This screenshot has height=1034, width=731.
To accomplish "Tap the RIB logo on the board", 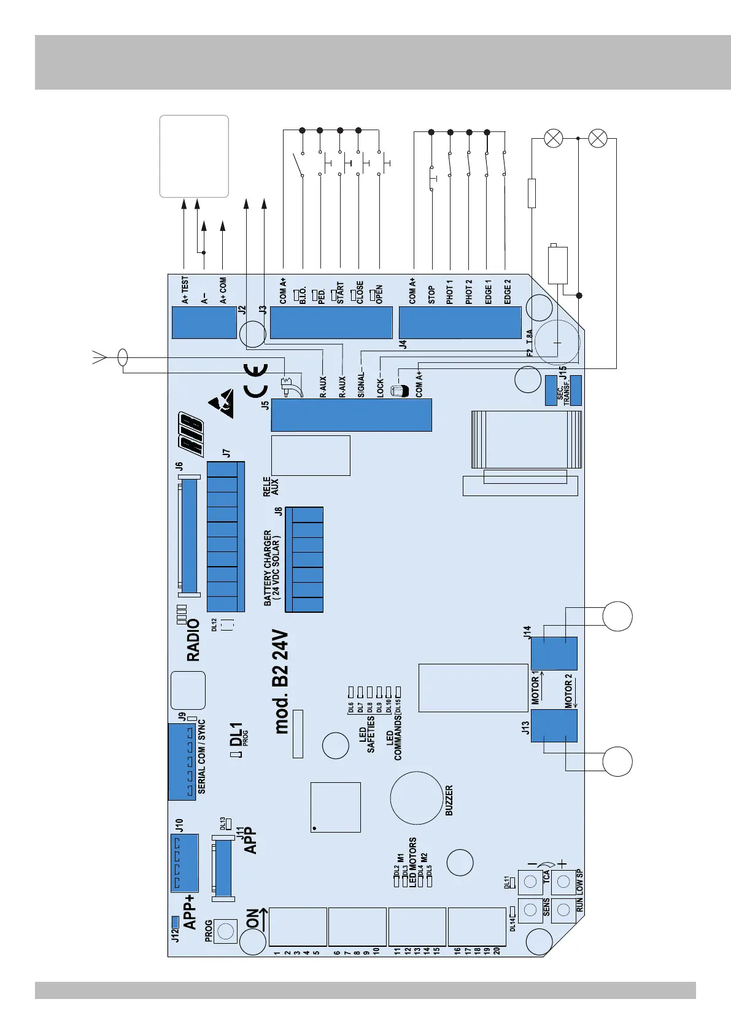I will click(x=191, y=433).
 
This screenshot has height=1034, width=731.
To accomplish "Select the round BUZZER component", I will click(x=417, y=798).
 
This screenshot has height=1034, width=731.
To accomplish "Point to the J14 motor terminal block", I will click(x=554, y=653).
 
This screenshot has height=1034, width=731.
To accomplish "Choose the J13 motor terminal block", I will click(x=554, y=726).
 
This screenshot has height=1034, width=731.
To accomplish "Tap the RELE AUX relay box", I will click(x=311, y=455).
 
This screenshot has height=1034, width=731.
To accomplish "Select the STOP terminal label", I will click(x=431, y=294).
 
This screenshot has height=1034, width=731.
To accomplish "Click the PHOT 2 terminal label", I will click(x=469, y=292).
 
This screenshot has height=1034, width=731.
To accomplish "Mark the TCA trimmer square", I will click(x=530, y=883).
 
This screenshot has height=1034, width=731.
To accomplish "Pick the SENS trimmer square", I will click(x=530, y=910).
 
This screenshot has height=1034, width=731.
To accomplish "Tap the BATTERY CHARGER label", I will click(x=272, y=568).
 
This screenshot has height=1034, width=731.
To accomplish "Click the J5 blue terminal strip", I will click(x=351, y=415).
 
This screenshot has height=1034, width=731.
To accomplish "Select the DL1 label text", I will click(x=236, y=734).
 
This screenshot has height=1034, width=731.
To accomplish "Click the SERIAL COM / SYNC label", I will click(x=202, y=756).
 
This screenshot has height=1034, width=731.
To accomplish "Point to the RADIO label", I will click(x=193, y=639).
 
